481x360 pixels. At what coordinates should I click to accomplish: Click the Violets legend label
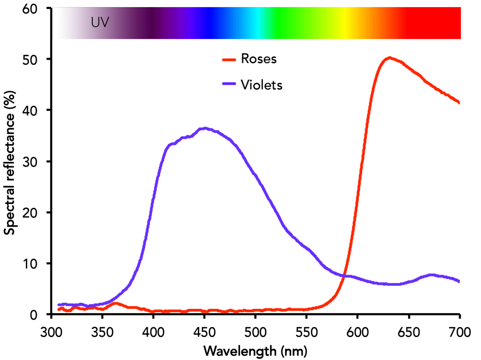(261, 85)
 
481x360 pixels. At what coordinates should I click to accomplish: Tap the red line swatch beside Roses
(229, 60)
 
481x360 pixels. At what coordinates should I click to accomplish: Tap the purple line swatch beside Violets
(229, 85)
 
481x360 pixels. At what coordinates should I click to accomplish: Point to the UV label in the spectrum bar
(100, 23)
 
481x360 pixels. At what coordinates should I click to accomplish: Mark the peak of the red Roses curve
(389, 58)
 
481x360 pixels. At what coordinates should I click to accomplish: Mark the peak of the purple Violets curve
(205, 128)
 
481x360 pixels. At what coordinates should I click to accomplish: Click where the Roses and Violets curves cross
(344, 276)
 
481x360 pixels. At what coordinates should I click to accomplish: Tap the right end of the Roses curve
(459, 102)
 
